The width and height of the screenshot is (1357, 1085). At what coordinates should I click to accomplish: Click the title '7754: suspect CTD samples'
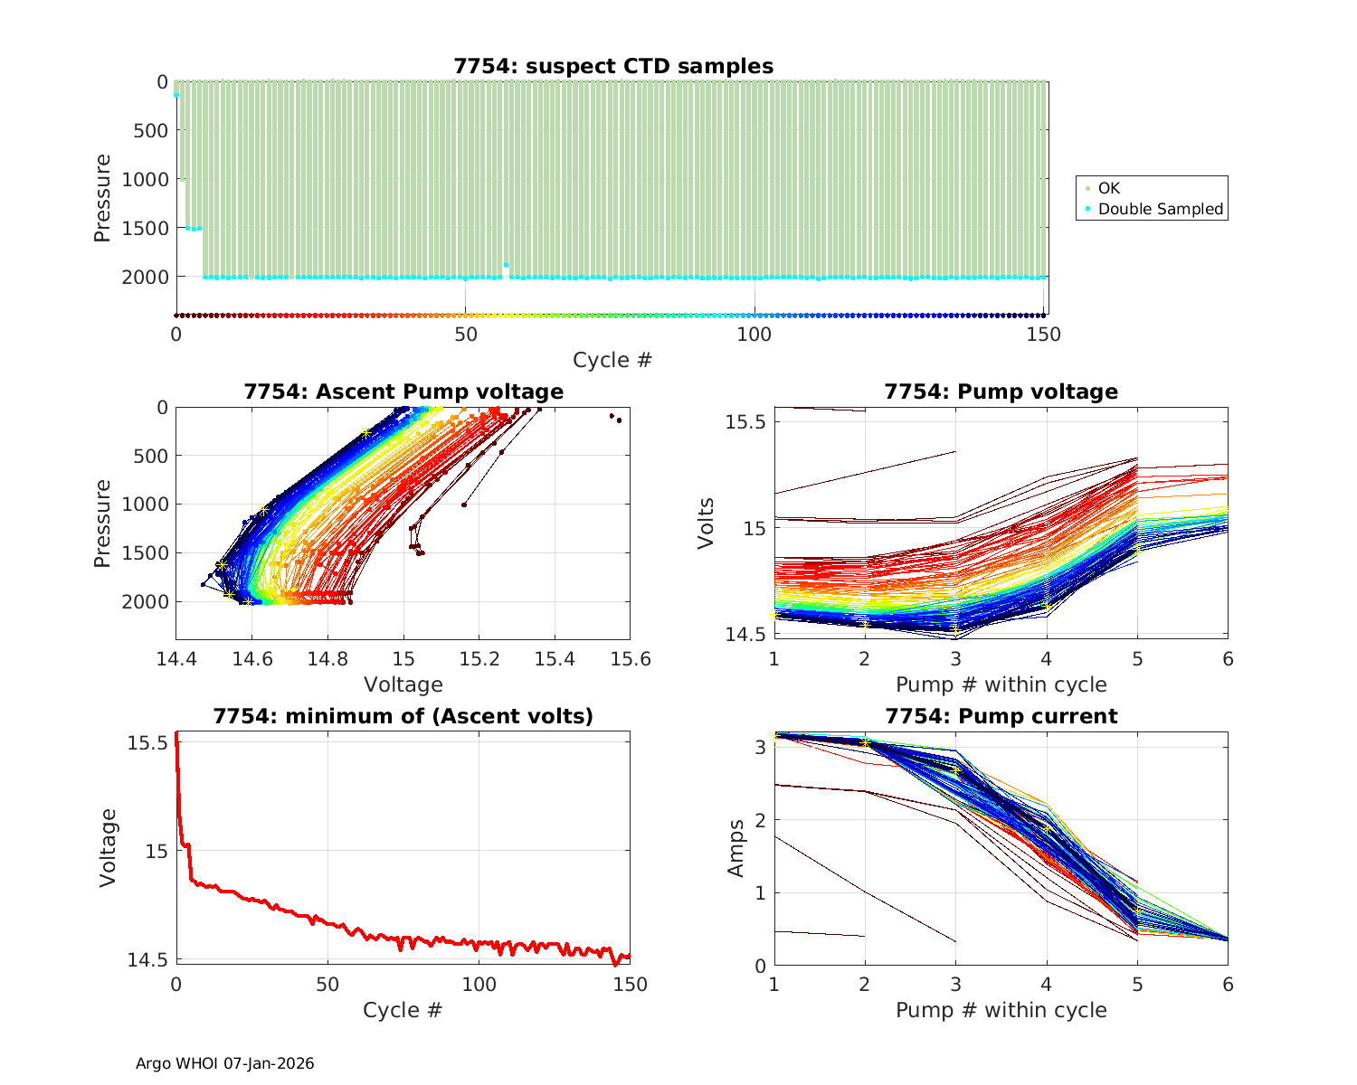point(613,66)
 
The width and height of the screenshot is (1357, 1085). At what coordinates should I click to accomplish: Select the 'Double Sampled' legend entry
point(1161,209)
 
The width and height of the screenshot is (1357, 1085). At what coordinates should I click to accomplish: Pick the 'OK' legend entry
point(1109,188)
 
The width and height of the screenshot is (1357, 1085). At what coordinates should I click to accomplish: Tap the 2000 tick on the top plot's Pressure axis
point(145,277)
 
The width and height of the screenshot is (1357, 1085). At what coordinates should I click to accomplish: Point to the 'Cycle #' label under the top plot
point(612,360)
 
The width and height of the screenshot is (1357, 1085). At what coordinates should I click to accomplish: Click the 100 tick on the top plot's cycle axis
point(754,335)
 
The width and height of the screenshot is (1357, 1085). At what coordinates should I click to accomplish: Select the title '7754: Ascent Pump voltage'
point(403,392)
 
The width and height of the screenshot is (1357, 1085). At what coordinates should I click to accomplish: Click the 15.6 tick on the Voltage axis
point(630,658)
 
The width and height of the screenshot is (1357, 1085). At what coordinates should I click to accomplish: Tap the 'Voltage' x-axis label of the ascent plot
point(403,684)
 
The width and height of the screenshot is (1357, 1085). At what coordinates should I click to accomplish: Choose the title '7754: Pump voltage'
point(1001,392)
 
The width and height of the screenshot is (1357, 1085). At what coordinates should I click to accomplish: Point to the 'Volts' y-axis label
point(707,523)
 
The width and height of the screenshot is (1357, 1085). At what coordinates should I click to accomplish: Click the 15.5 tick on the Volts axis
point(745,422)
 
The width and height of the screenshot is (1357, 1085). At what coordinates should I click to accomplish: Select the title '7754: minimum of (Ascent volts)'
point(403,716)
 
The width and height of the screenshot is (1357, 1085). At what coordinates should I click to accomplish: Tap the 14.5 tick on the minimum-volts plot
point(147,959)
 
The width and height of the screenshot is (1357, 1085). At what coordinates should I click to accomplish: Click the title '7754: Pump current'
point(1001,716)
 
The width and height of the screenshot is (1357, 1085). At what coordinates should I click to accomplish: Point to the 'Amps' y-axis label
point(736,847)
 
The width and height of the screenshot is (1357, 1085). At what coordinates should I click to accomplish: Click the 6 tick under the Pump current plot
point(1228,984)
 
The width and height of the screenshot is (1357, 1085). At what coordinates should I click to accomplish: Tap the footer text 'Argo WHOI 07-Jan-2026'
point(225,1063)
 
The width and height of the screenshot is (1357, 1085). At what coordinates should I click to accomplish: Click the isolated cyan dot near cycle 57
point(506,265)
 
